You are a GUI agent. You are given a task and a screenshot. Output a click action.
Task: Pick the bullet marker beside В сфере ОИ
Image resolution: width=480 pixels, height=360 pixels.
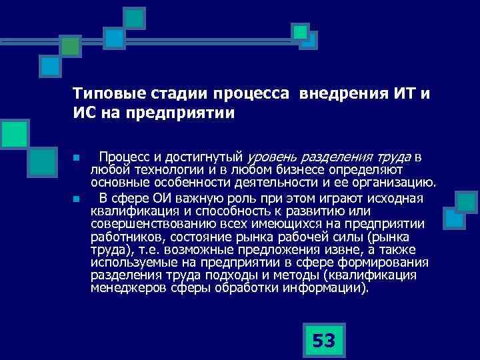(x=77, y=199)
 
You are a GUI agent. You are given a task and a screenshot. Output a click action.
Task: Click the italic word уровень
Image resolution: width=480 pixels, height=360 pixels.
(x=273, y=158)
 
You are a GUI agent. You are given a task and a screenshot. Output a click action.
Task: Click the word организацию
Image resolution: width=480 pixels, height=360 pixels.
(x=396, y=181)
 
